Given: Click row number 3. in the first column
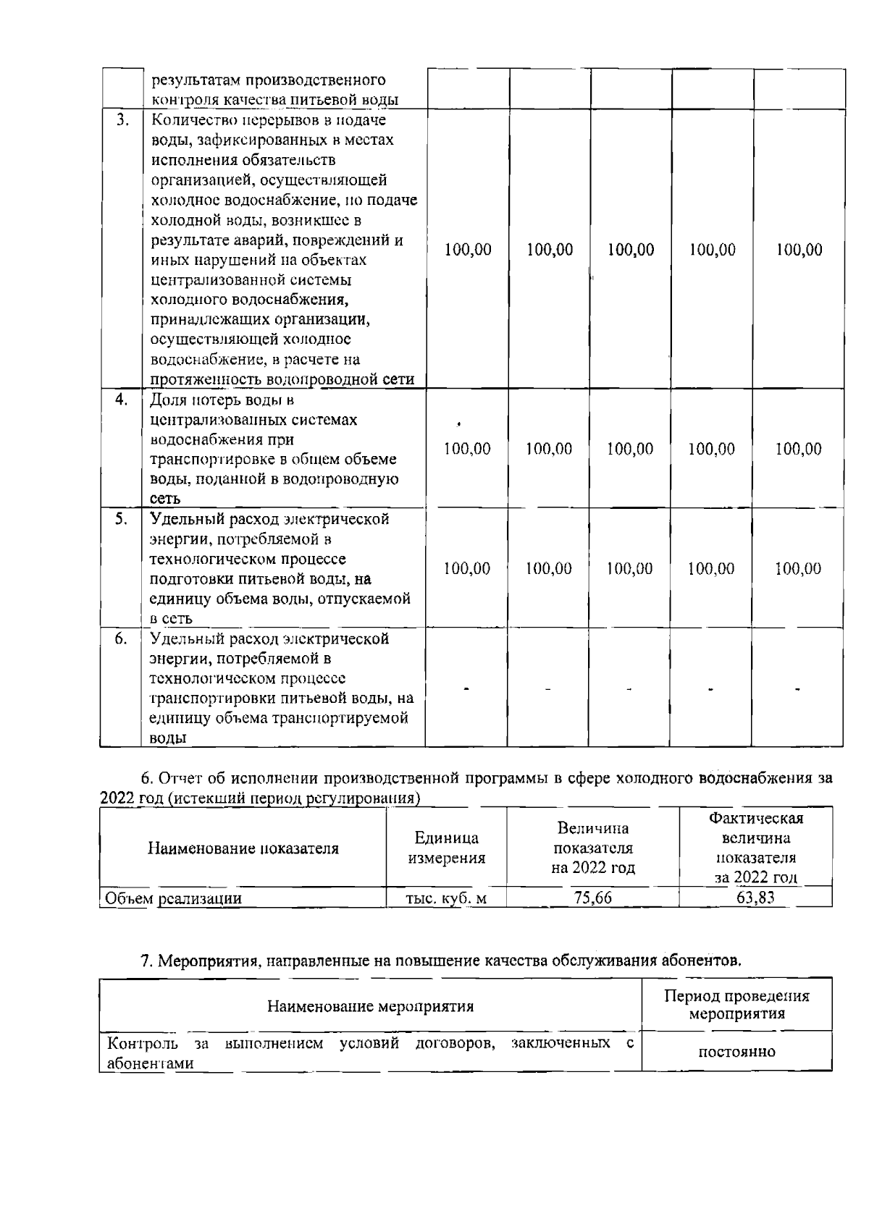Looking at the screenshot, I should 122,119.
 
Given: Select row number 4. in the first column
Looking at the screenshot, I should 122,399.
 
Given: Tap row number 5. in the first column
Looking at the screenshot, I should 122,518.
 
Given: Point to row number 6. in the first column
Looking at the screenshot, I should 122,638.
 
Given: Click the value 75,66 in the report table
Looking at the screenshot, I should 592,898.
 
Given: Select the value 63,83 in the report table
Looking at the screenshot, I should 755,898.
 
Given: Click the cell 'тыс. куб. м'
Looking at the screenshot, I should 446,898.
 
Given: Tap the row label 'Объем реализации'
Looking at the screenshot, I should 174,898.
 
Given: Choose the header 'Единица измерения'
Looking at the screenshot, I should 446,848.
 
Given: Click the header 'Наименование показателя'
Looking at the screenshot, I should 243,848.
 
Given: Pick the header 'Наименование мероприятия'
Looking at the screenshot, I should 370,1006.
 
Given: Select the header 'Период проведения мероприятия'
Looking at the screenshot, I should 736,1004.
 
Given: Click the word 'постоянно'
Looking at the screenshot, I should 736,1051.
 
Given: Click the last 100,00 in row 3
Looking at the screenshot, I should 799,250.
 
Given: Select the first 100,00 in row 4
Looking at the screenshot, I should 467,449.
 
